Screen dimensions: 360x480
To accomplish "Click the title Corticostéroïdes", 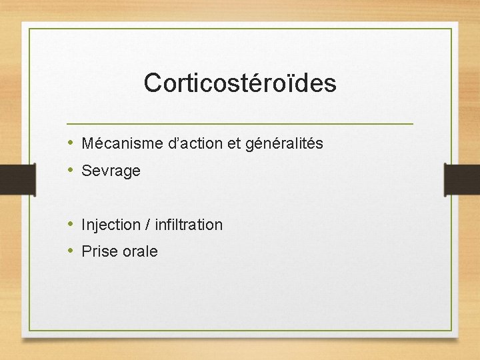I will [240, 83].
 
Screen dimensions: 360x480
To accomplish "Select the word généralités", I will [285, 144].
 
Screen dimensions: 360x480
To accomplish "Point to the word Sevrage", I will [111, 171].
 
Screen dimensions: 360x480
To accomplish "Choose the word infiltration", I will [189, 225].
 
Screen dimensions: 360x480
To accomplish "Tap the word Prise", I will [98, 251].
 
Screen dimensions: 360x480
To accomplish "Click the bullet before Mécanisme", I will [71, 143].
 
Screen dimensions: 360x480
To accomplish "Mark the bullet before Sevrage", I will [71, 171].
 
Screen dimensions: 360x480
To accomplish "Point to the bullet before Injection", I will [71, 225].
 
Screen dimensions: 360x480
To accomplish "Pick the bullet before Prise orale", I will [71, 251].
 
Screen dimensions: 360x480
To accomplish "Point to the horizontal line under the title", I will [240, 124].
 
